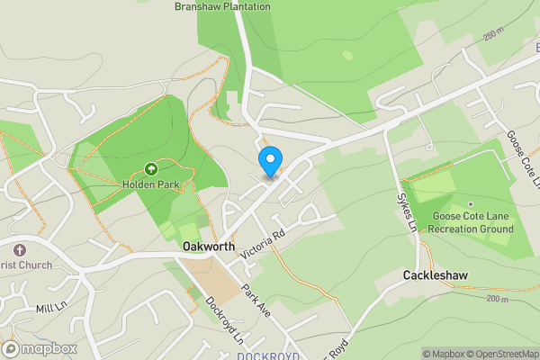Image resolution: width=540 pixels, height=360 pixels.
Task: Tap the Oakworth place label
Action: tap(208, 247)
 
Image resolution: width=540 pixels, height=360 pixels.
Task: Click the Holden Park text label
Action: tap(151, 185)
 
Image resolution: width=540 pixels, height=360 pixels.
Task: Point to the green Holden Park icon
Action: tap(151, 169)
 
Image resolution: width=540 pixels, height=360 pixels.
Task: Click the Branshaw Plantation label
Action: tap(222, 6)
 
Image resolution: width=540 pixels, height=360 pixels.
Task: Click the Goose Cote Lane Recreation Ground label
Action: tap(471, 222)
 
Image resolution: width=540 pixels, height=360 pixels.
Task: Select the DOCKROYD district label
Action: tap(269, 356)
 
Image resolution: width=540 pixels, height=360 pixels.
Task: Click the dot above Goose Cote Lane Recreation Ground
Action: tap(470, 203)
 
